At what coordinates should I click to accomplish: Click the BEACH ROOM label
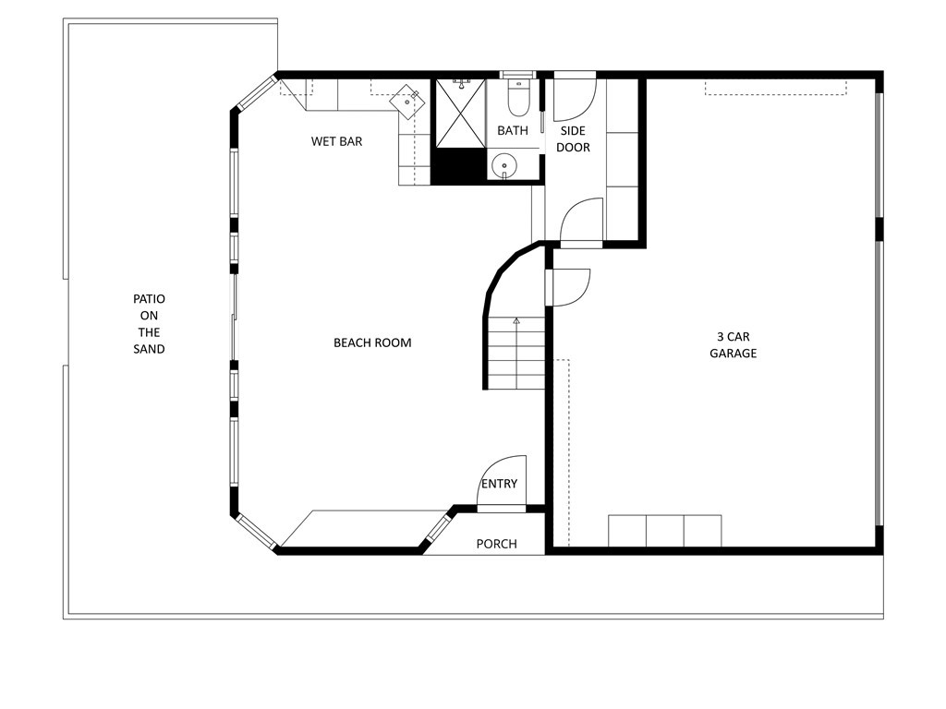click(x=372, y=342)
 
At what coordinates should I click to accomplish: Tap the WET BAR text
click(x=336, y=141)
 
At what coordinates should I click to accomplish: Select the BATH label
click(x=513, y=130)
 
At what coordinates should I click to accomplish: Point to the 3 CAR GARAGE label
click(x=733, y=344)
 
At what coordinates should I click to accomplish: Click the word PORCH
click(x=496, y=544)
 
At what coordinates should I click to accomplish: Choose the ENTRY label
click(x=499, y=484)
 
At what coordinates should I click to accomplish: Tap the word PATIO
click(x=149, y=299)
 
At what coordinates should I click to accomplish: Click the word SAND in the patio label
click(x=149, y=349)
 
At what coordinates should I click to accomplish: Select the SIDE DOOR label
click(x=573, y=138)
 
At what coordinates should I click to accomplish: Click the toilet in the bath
click(x=516, y=95)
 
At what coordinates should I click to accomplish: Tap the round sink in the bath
click(x=503, y=166)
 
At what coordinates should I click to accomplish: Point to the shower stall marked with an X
click(x=460, y=114)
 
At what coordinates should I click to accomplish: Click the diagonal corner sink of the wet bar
click(x=407, y=99)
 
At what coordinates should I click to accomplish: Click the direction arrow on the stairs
click(x=515, y=321)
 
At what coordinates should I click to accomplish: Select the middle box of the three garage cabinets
click(x=664, y=532)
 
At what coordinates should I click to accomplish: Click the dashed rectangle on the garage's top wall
click(x=776, y=87)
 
